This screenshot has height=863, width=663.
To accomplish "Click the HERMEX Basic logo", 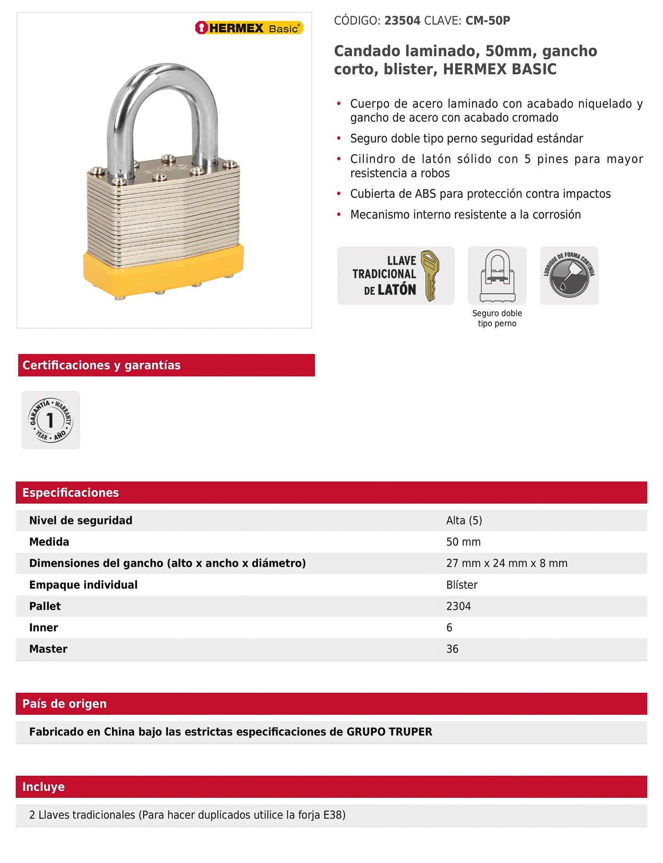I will click(249, 28).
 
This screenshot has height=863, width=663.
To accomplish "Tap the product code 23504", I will click(402, 21).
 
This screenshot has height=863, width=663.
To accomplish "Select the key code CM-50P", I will click(487, 21).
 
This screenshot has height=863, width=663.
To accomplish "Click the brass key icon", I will click(430, 275).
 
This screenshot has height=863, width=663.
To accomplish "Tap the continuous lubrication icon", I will click(569, 276).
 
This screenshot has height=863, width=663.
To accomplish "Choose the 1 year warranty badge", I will click(50, 420).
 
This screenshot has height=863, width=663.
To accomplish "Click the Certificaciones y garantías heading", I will click(101, 365).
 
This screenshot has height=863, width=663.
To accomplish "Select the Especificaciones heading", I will click(71, 493).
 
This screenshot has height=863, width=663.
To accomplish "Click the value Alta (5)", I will click(464, 520).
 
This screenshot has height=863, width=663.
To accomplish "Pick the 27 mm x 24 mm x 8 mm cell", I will click(507, 563).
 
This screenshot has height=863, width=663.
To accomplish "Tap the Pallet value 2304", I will click(458, 606).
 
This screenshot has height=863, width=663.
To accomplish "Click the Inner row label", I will click(44, 628).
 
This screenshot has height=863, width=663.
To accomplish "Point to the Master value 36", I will click(452, 649).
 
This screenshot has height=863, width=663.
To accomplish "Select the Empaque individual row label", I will click(83, 585).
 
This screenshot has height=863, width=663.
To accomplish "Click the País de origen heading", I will click(64, 704).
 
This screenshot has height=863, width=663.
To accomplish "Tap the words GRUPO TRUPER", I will click(389, 732).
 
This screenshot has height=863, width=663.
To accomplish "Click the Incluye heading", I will click(44, 787).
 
